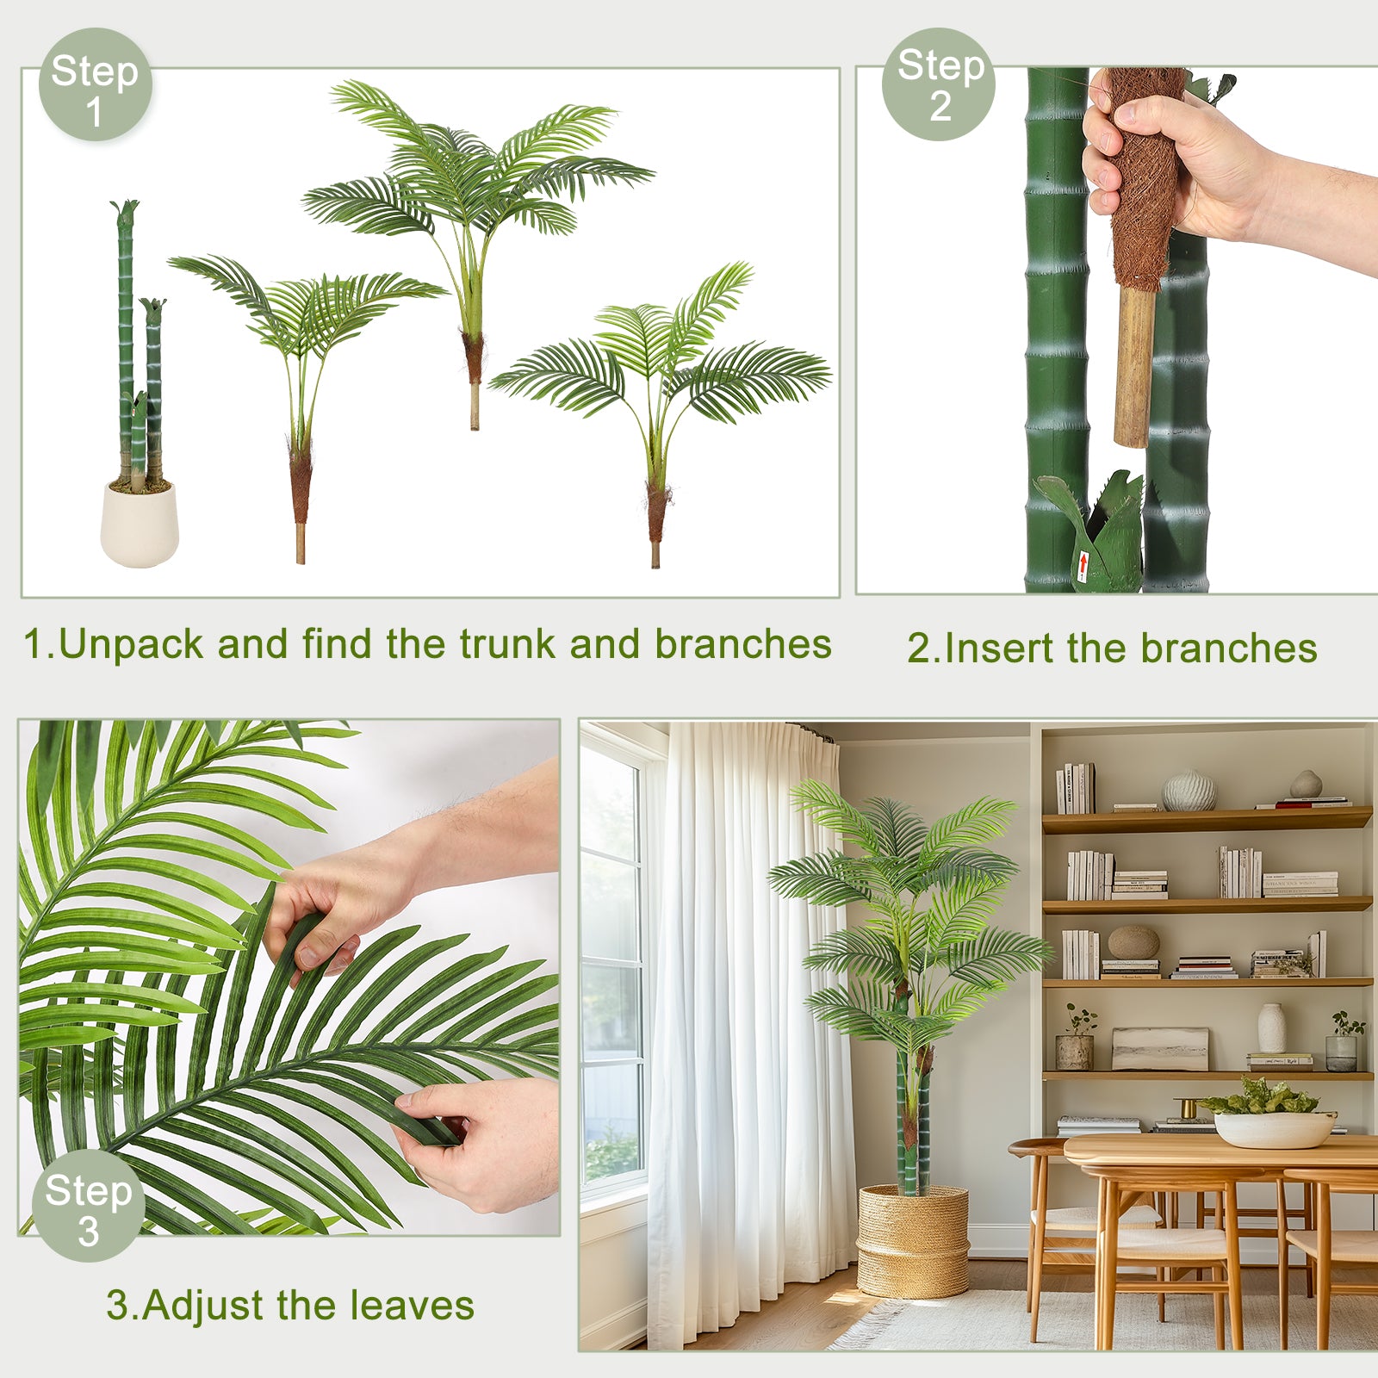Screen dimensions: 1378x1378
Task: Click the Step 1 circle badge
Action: [x=95, y=84]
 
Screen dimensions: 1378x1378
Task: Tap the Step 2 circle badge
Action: [x=939, y=84]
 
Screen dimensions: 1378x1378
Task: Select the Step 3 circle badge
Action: [x=88, y=1206]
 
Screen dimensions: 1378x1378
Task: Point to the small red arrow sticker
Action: [x=1083, y=567]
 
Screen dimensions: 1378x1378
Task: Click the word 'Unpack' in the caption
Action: [x=130, y=645]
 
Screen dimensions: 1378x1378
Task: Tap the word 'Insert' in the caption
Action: [x=999, y=649]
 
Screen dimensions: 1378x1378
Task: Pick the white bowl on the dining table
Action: [x=1275, y=1129]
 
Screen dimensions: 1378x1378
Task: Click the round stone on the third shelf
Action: [x=1133, y=942]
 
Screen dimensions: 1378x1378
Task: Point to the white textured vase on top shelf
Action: [x=1189, y=791]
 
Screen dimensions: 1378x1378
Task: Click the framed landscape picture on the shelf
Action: [x=1160, y=1049]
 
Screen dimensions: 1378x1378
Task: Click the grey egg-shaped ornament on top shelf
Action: [x=1306, y=784]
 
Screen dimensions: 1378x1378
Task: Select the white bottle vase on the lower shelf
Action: [x=1271, y=1027]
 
